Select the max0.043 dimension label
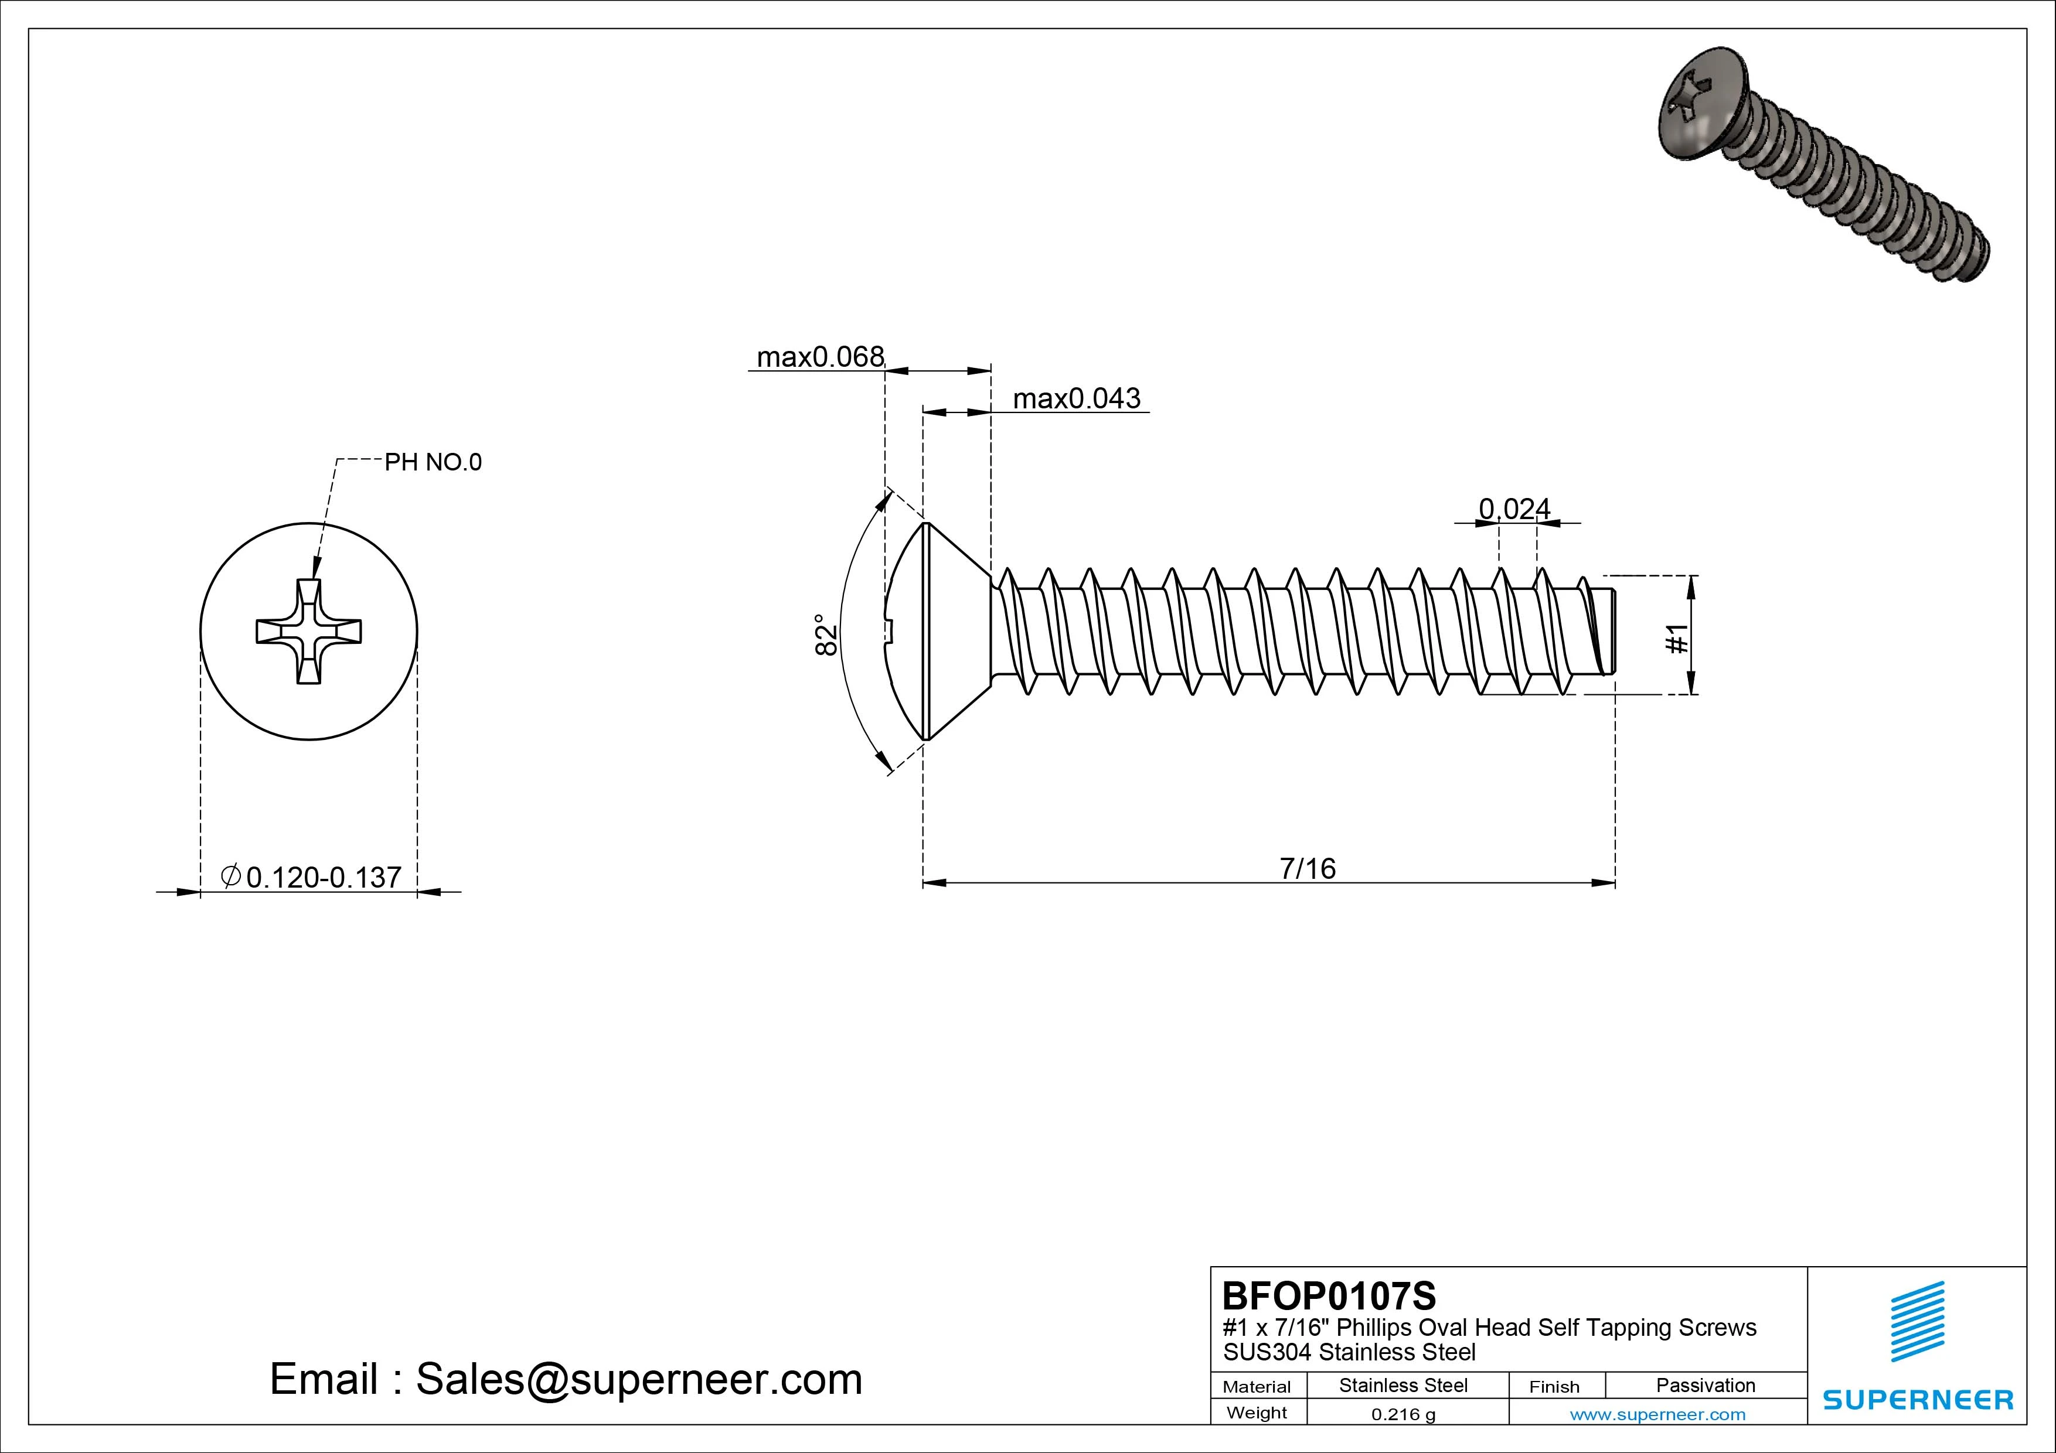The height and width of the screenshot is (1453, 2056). [x=1077, y=398]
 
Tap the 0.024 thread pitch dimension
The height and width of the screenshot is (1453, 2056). [x=1514, y=509]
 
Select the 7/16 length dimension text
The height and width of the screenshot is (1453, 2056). [x=1308, y=868]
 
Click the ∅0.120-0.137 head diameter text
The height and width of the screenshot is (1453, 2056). [x=312, y=877]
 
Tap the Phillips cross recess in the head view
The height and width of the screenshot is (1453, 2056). [x=309, y=631]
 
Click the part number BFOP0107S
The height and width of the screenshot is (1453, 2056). [x=1329, y=1295]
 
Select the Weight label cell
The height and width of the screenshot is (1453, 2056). [x=1257, y=1413]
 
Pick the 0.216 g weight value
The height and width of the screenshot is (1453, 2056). [x=1403, y=1414]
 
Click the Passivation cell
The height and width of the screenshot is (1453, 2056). [x=1705, y=1386]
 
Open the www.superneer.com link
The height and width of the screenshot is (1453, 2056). [x=1657, y=1414]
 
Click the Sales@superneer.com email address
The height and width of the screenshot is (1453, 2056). [x=638, y=1379]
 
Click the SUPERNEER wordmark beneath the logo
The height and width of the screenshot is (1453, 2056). [x=1917, y=1399]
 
